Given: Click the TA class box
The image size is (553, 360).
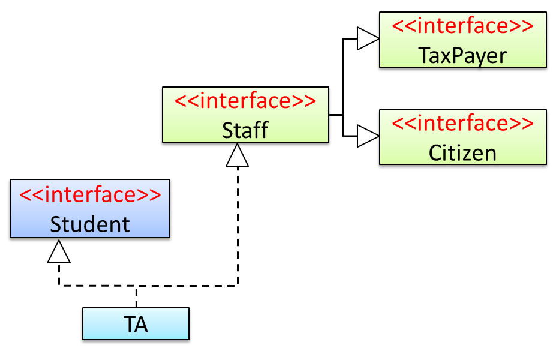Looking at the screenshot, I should point(136,325).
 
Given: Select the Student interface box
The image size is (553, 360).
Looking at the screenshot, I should point(89,210).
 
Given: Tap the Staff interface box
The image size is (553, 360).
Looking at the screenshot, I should point(245,116).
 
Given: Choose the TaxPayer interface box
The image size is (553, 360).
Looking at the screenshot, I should point(462,41).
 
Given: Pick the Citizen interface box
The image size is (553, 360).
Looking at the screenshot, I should point(462,138).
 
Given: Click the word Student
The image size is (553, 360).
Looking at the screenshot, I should point(89,224).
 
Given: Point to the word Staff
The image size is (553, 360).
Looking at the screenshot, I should point(245,130).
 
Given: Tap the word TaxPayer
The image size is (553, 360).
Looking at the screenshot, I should point(462,55).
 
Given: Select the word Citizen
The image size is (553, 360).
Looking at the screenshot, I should point(462,152).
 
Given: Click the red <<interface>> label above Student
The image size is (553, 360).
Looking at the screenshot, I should point(90,196).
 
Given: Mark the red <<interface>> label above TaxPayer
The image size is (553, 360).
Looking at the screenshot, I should point(462,26).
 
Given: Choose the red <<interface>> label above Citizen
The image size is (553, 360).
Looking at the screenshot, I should point(462,124).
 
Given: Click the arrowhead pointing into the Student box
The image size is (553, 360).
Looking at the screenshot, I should point(59,253).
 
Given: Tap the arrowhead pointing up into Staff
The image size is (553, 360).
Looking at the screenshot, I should point(238,157).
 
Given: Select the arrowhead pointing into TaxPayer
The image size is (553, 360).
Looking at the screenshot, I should point(366,39).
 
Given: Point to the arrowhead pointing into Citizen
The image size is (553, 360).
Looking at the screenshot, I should point(366,136).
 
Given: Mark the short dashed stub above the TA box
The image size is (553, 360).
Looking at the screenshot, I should point(136,296).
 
